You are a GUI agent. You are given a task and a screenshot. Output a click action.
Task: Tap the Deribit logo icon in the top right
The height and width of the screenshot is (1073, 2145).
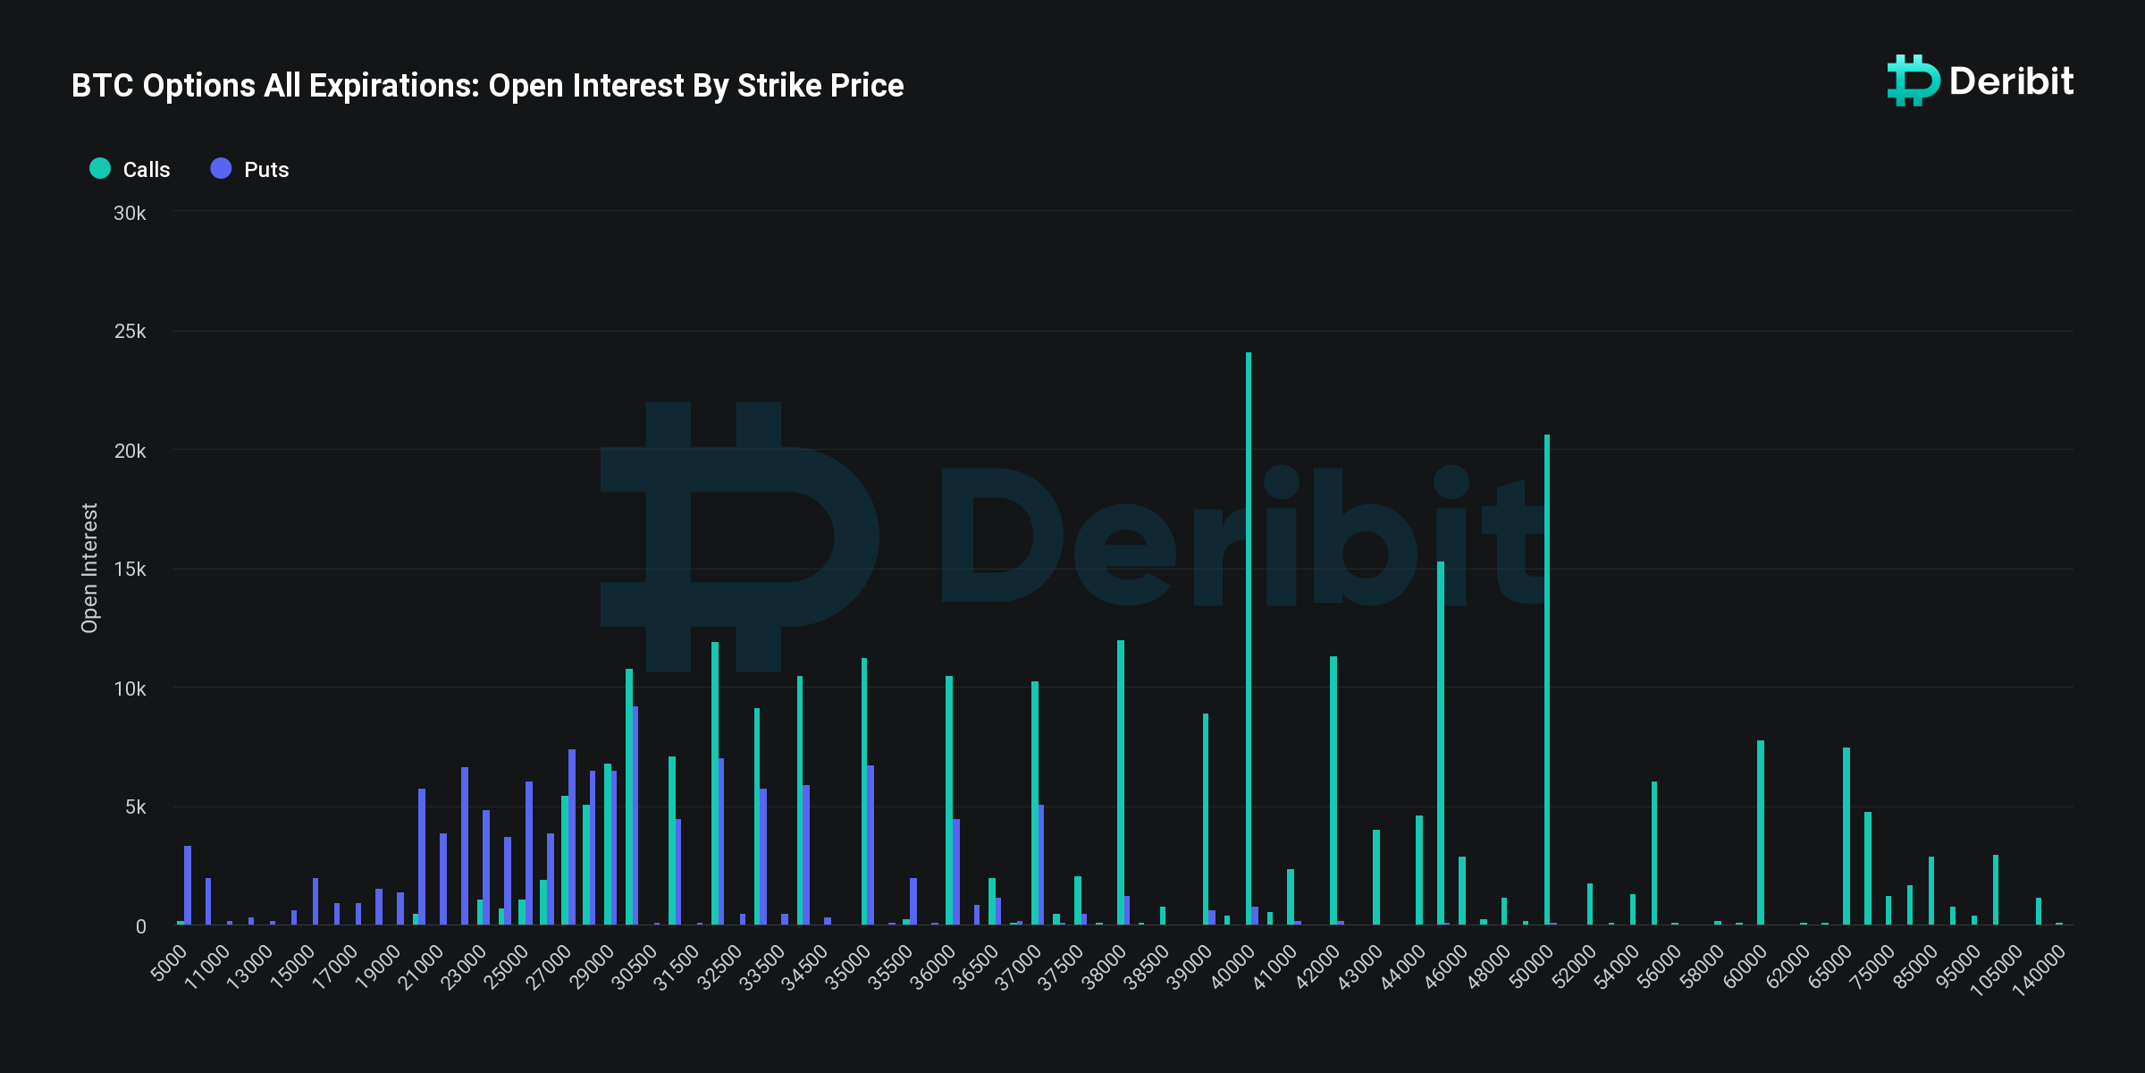(x=1913, y=80)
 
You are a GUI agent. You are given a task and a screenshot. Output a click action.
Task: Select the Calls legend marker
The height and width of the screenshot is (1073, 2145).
(x=100, y=168)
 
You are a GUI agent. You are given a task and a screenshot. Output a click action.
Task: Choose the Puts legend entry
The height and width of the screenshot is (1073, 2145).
(x=250, y=169)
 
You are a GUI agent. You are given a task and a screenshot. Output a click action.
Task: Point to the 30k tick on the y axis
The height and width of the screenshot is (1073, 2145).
(x=130, y=213)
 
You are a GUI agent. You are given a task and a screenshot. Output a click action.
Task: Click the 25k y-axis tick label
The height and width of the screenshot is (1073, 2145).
(x=130, y=332)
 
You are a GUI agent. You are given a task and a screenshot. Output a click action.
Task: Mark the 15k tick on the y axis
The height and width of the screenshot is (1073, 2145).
(x=130, y=570)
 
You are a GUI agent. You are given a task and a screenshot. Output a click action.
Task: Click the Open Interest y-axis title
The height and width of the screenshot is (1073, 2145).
(x=89, y=568)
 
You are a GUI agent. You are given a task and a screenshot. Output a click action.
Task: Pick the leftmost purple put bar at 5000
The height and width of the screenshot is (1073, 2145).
(x=188, y=885)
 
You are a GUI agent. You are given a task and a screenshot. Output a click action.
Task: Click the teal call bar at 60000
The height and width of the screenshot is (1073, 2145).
(x=1761, y=832)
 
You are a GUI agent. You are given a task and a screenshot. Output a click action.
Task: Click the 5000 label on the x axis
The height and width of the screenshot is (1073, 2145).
(x=170, y=963)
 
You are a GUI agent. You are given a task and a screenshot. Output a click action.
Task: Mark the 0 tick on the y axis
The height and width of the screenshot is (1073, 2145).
(x=140, y=926)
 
